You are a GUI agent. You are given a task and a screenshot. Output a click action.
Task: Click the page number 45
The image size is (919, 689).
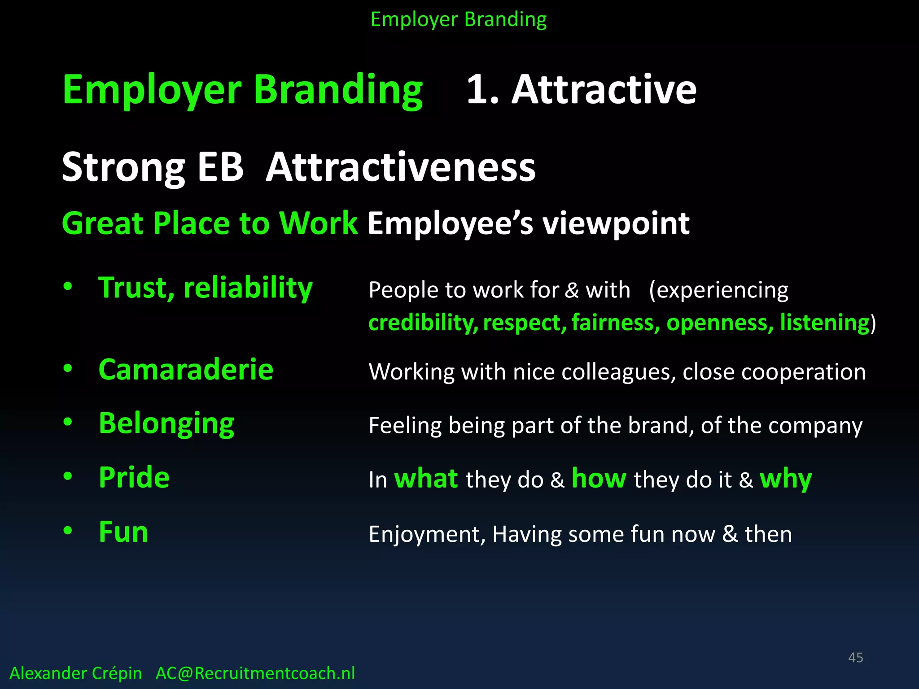coord(855,658)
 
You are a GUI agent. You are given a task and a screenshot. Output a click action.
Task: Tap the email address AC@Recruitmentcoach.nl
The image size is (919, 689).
coord(255,673)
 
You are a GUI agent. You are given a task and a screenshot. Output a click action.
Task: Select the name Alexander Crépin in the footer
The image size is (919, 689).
coord(75,673)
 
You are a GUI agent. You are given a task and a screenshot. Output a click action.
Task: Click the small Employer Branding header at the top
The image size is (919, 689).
coord(458,20)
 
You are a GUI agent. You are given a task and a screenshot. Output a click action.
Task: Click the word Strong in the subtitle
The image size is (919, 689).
coord(123,167)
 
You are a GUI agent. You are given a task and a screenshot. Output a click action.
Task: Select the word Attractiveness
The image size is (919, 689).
coord(400,167)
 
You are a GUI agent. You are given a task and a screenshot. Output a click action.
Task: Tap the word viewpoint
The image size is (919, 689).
coord(616,223)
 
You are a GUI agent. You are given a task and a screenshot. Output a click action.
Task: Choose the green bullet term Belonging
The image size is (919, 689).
coord(166,423)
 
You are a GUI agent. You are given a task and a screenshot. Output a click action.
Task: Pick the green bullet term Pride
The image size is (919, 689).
coord(134,477)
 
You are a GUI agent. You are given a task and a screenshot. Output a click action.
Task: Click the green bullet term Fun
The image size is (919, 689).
coord(123,532)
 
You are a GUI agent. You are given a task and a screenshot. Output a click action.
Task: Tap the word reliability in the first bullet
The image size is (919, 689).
coord(248,288)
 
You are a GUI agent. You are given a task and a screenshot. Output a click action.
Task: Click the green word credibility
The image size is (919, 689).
coord(423,323)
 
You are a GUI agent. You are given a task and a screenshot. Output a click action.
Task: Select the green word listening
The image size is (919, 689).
coord(825,323)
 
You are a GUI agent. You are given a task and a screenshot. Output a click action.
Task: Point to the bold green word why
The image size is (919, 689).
coord(785,479)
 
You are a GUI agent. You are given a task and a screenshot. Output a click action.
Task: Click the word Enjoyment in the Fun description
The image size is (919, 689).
coord(427,535)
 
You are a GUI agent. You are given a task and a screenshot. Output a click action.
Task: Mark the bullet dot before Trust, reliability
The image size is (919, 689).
coord(68,286)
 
